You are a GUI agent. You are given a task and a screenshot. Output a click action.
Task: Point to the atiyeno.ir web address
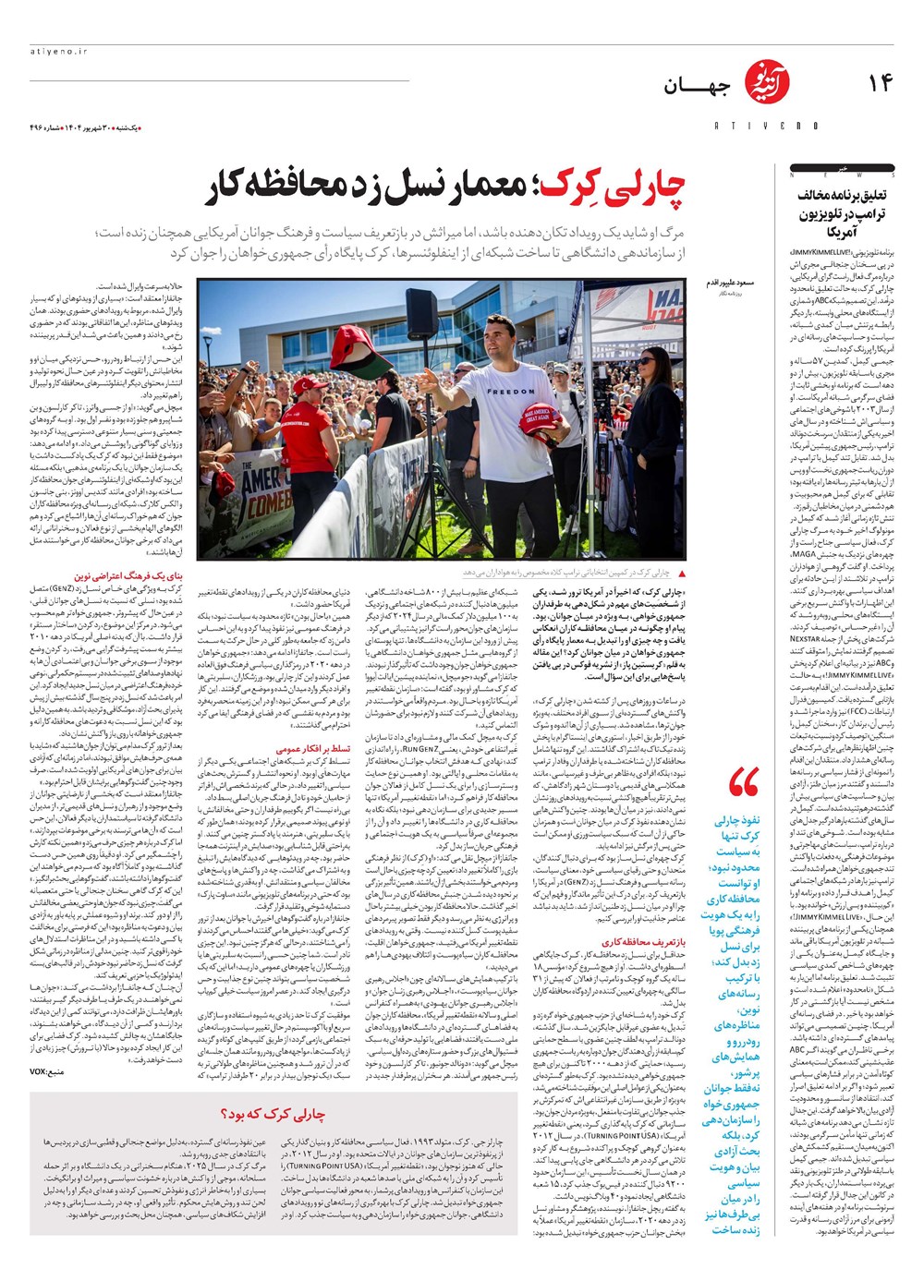57,53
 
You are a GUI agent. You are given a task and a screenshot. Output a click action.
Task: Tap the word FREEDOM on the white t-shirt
510,391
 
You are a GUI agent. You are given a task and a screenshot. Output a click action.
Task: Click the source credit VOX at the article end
42,1071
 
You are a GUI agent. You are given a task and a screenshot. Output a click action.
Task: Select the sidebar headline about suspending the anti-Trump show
842,213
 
